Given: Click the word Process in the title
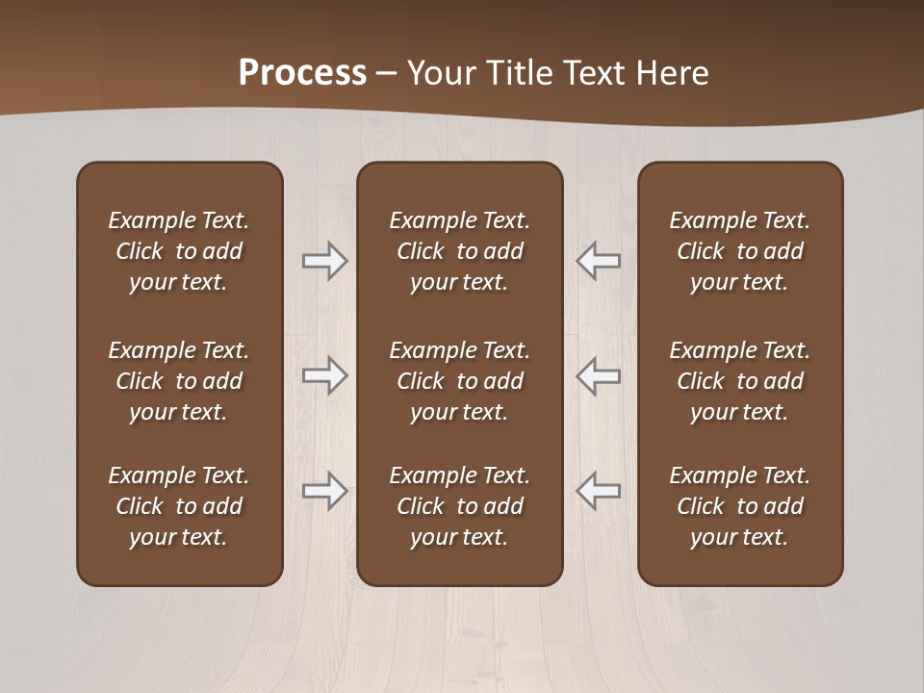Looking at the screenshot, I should (x=302, y=73).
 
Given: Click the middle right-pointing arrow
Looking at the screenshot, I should (x=325, y=375).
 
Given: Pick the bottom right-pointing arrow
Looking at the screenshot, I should (x=325, y=491).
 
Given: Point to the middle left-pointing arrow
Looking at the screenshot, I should (x=598, y=375).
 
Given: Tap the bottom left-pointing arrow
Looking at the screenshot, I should (x=598, y=491).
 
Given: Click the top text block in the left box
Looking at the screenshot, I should (x=179, y=251).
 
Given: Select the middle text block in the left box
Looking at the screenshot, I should (x=179, y=381).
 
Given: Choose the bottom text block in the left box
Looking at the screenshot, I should (x=179, y=506).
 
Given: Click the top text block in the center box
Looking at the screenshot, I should (x=460, y=251).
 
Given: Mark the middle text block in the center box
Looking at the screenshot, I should (x=460, y=381).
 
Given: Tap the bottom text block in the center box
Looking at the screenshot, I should (x=460, y=506).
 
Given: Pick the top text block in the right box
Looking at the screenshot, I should (x=740, y=251).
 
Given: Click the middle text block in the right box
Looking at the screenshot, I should (x=740, y=381).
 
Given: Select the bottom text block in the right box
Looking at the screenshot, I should (x=740, y=506).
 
